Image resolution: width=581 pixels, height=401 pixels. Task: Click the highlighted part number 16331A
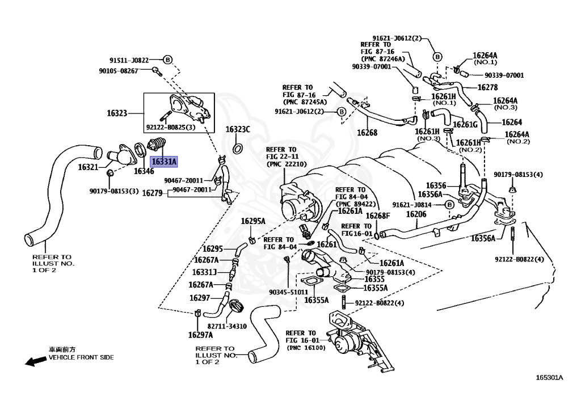tap(164, 162)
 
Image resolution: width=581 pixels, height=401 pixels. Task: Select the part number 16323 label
tap(117, 113)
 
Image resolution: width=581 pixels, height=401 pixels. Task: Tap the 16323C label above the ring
tap(238, 130)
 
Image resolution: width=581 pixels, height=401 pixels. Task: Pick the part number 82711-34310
tap(227, 326)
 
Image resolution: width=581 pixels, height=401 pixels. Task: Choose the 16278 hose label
tap(487, 87)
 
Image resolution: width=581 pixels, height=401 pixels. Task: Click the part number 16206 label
tap(416, 214)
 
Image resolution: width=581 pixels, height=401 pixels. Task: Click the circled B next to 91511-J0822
tap(168, 60)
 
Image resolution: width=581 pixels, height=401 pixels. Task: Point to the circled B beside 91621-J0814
tap(448, 205)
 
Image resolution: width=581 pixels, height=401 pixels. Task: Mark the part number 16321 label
tap(89, 167)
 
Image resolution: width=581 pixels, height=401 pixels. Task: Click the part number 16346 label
tap(144, 171)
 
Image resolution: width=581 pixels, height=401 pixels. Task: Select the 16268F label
tap(378, 216)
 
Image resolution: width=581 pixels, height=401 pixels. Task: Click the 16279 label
tap(152, 193)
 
